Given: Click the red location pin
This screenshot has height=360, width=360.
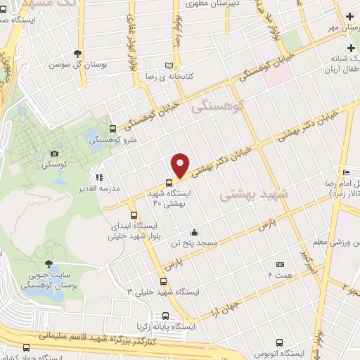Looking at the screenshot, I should tap(181, 165).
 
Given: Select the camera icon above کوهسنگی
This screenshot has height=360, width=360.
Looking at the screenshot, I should tap(55, 154).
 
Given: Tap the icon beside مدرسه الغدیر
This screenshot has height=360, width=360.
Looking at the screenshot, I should tap(100, 178).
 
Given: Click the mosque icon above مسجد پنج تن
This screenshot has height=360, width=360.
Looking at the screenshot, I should tap(194, 233).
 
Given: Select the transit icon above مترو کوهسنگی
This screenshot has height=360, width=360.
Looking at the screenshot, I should tap(113, 128).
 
